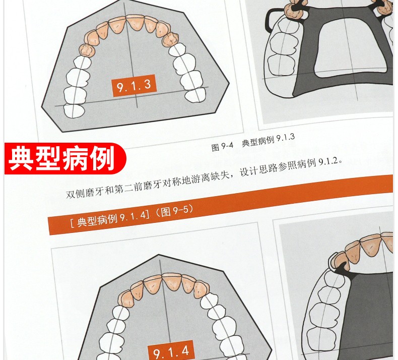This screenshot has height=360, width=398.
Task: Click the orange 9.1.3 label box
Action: [x=134, y=86]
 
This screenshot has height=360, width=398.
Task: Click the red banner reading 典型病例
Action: [x=65, y=158]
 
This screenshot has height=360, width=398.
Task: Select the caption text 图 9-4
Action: [x=222, y=146]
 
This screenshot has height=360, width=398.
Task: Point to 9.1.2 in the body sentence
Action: [x=328, y=162]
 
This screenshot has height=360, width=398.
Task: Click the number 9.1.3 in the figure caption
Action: [x=286, y=138]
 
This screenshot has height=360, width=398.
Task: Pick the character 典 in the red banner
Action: [x=21, y=158]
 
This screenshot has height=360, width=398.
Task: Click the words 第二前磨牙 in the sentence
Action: [x=137, y=187]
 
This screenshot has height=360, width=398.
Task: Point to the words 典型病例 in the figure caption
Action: [x=258, y=141]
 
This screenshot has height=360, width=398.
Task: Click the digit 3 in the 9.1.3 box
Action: [x=147, y=84]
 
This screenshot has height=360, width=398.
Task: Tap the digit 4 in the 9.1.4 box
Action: [x=185, y=350]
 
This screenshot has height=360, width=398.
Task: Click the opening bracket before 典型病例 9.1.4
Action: [x=73, y=224]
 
